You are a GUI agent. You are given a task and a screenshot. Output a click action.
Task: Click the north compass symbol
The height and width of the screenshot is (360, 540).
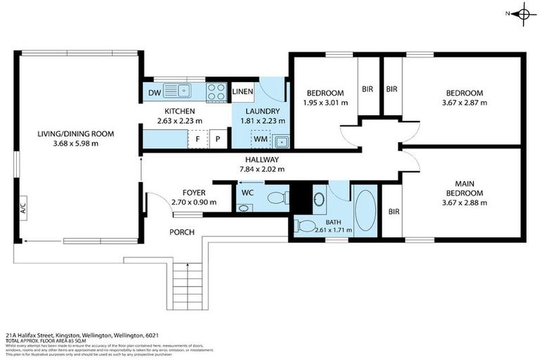pyautogui.click(x=522, y=13)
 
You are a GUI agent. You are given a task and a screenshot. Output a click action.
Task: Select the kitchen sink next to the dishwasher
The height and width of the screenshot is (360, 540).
pyautogui.click(x=184, y=91)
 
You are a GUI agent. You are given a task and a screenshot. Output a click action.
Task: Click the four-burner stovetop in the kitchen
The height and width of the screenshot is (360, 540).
pyautogui.click(x=217, y=91)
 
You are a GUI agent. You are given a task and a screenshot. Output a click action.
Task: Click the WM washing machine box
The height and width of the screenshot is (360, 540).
pyautogui.click(x=260, y=139)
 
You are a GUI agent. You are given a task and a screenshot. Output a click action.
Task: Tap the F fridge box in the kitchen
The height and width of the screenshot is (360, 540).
pyautogui.click(x=198, y=139)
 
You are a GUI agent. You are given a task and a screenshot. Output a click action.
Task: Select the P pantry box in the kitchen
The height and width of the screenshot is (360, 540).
pyautogui.click(x=219, y=139)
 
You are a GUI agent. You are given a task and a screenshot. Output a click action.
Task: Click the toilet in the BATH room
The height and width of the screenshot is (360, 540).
pyautogui.click(x=306, y=226)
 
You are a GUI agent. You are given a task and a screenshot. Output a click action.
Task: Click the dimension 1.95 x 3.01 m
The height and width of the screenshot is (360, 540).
pyautogui.click(x=325, y=103)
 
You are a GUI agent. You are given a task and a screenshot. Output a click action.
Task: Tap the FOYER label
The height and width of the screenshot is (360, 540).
pyautogui.click(x=193, y=193)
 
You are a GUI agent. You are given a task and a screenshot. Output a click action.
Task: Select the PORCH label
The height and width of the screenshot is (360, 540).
pyautogui.click(x=181, y=232)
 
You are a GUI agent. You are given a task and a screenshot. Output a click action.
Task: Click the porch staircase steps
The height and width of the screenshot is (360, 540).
pyautogui.click(x=186, y=285)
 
